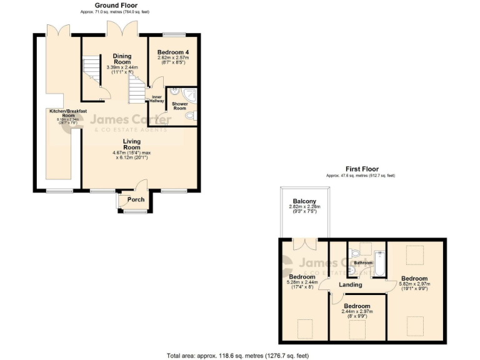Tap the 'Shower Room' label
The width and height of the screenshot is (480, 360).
[179, 105]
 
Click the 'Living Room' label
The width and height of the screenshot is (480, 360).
[131, 144]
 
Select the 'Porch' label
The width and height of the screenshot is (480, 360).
[136, 200]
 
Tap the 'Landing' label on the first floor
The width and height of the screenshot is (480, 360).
[351, 285]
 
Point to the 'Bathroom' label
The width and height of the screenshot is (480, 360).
[363, 263]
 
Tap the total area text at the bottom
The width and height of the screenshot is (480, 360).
[237, 355]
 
